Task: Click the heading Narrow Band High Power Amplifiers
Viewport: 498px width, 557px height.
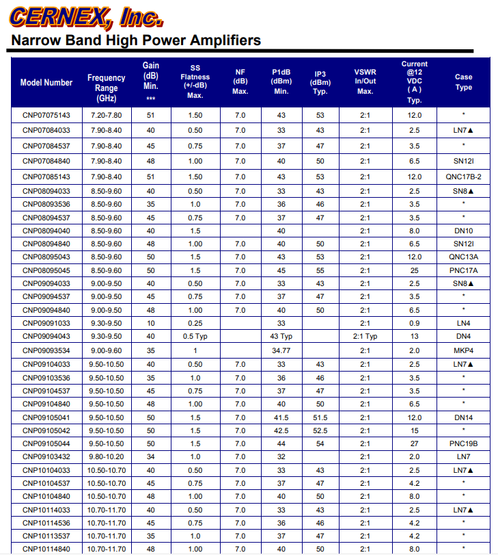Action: (x=136, y=40)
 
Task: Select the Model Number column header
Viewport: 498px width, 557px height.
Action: (x=46, y=82)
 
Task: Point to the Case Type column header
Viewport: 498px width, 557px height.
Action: (x=463, y=82)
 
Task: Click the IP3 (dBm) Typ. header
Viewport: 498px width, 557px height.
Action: (x=320, y=82)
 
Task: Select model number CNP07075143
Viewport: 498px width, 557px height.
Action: (x=46, y=115)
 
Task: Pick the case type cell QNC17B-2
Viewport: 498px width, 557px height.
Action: (x=463, y=177)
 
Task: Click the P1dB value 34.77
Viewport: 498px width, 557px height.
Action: (x=281, y=350)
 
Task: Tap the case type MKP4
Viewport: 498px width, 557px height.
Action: (x=463, y=350)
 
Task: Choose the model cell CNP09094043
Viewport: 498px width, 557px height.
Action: (x=46, y=336)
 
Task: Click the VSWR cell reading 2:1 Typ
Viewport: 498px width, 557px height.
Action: (x=365, y=336)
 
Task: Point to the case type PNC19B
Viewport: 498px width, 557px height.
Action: (x=463, y=443)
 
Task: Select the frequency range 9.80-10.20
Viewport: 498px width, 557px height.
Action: (x=106, y=456)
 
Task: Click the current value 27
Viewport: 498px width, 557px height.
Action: (x=414, y=443)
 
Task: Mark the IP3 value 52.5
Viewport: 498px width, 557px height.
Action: (x=320, y=430)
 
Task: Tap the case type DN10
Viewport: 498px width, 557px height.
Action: (x=463, y=231)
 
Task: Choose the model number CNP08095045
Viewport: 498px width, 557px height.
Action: (x=46, y=270)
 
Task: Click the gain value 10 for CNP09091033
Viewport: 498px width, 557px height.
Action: (x=150, y=323)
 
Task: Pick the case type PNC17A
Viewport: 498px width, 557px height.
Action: (x=463, y=270)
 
